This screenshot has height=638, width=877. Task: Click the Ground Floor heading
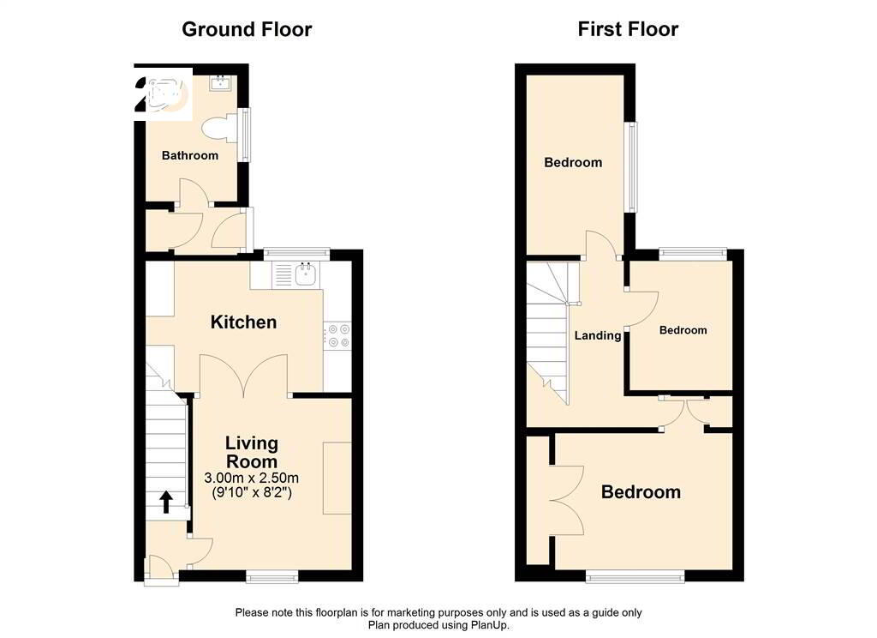(x=247, y=30)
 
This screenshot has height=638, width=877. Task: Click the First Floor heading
(x=628, y=29)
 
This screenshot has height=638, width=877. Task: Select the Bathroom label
(x=190, y=156)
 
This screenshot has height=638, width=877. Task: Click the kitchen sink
(x=306, y=275)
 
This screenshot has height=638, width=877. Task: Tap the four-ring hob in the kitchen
(x=337, y=335)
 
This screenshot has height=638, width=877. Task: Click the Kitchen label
(x=243, y=322)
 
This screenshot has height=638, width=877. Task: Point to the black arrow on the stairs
(x=166, y=503)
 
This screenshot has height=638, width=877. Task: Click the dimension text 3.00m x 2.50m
(x=251, y=478)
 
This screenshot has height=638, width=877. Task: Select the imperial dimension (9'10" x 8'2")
(x=251, y=493)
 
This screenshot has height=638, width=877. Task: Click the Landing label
(x=598, y=335)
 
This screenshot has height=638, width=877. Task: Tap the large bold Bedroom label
(x=641, y=492)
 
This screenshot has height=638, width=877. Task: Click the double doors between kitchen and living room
(x=244, y=376)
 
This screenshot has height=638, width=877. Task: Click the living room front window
(x=271, y=576)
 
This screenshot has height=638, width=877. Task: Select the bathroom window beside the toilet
(x=245, y=135)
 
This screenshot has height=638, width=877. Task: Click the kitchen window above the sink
(x=296, y=254)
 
